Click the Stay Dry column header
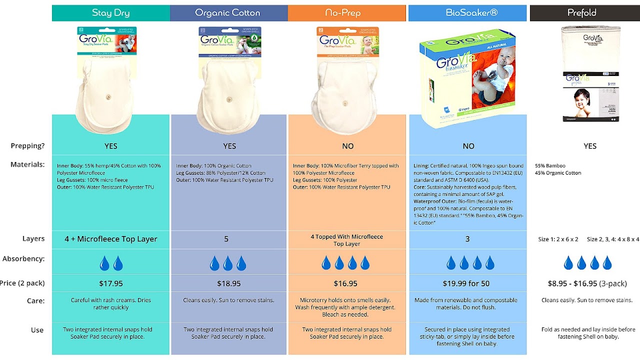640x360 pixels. point(110,13)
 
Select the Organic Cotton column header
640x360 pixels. point(228,13)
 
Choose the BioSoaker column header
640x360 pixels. point(467,13)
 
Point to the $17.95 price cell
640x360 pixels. point(110,283)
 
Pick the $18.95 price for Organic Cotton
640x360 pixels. point(228,283)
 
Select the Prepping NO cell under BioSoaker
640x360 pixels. point(468,146)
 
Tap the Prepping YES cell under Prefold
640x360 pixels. point(590,146)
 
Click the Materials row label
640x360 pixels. point(27,164)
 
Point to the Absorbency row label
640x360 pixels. point(23,259)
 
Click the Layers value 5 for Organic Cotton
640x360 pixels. point(226,239)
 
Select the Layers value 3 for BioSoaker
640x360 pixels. point(467,239)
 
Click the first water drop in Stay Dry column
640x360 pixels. point(104,263)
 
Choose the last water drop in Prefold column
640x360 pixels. point(607,263)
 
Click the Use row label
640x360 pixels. point(37,330)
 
